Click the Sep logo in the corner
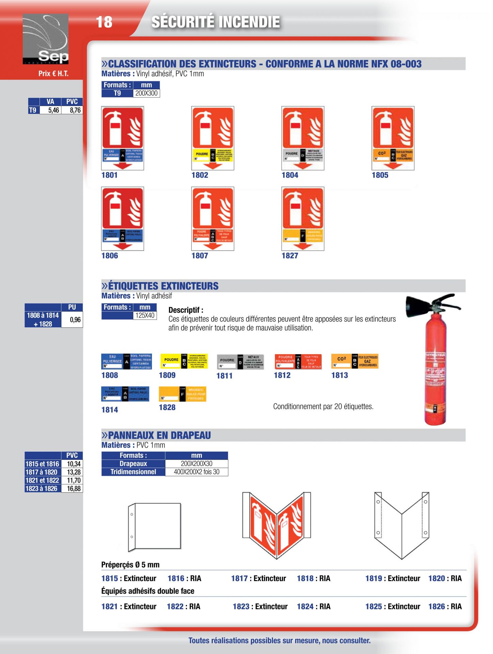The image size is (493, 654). [x=46, y=39]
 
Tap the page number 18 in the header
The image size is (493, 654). [x=104, y=22]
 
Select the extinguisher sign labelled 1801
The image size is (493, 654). [x=123, y=138]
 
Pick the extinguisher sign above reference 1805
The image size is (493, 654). [x=393, y=138]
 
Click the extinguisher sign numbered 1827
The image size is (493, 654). [x=303, y=218]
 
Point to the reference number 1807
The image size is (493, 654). [x=200, y=255]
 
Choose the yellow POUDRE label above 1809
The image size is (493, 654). [x=184, y=361]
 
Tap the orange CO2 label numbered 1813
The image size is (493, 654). [x=354, y=361]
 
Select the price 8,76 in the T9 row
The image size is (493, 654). [x=75, y=110]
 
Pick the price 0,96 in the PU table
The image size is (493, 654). [x=75, y=320]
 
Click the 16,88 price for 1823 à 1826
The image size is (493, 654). [x=74, y=488]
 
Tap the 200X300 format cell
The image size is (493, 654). [x=146, y=93]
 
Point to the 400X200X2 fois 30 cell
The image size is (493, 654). [x=196, y=472]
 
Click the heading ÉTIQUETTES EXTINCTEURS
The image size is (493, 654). [x=163, y=286]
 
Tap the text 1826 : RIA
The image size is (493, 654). [x=445, y=606]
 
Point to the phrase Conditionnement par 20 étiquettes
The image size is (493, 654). [x=323, y=406]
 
